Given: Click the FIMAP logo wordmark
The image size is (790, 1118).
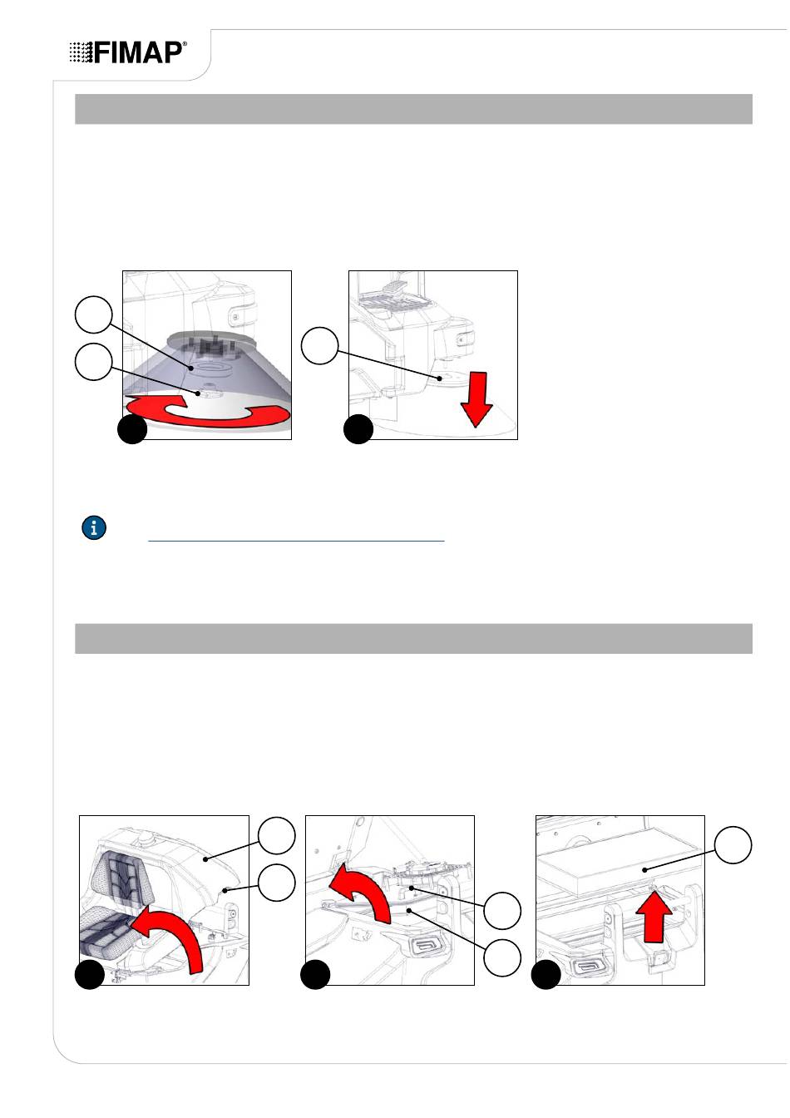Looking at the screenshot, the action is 138,52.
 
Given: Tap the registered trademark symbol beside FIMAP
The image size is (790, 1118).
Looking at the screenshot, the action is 185,44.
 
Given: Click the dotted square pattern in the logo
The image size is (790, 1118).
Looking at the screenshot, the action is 81,52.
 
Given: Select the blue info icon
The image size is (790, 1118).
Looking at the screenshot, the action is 94,527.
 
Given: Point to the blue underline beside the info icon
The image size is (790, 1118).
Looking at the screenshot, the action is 296,541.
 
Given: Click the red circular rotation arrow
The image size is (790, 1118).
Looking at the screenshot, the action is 207,411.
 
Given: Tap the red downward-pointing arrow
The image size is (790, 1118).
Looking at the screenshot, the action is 476,399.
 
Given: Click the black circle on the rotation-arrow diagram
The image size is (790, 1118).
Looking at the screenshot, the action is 132,429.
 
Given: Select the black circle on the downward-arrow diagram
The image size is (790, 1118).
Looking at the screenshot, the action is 358,429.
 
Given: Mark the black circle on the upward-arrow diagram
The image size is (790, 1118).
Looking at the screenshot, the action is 546,974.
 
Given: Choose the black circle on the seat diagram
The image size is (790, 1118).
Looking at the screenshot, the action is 90,974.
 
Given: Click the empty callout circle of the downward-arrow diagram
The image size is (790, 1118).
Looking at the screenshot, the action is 320,345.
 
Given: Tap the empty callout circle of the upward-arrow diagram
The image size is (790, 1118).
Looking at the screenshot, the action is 733,844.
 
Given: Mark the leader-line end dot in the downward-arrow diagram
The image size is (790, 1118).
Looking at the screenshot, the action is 440,378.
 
